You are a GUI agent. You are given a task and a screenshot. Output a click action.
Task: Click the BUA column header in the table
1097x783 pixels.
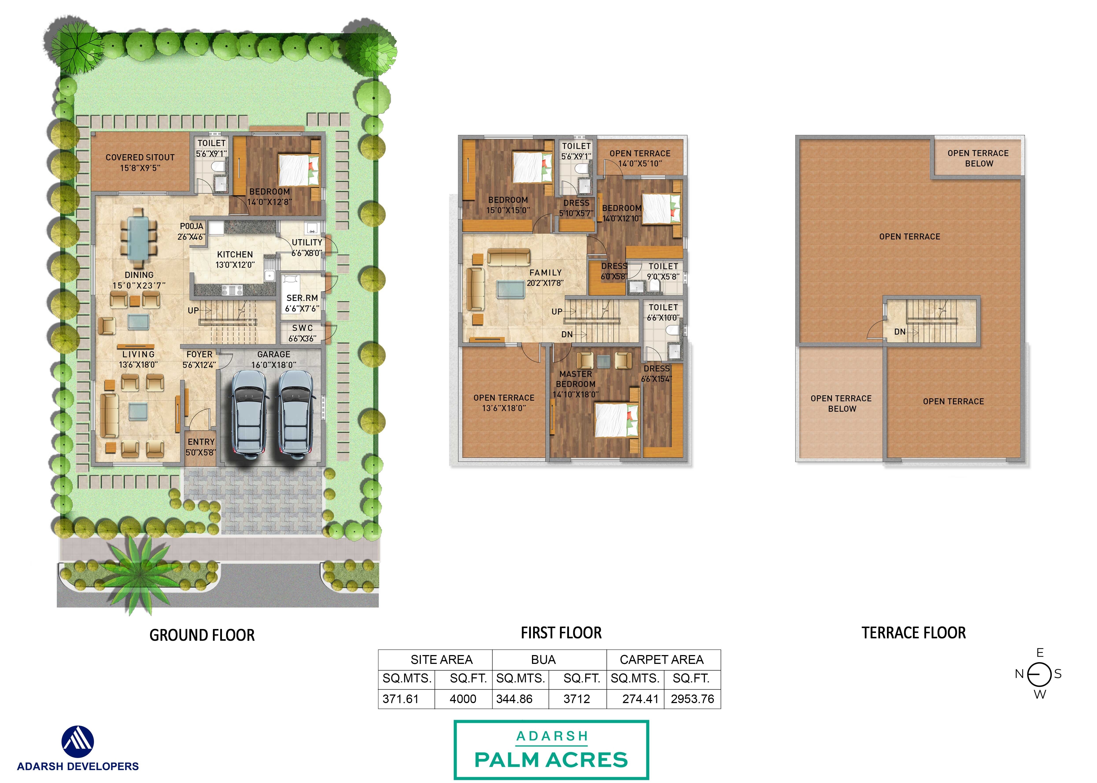(x=543, y=659)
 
